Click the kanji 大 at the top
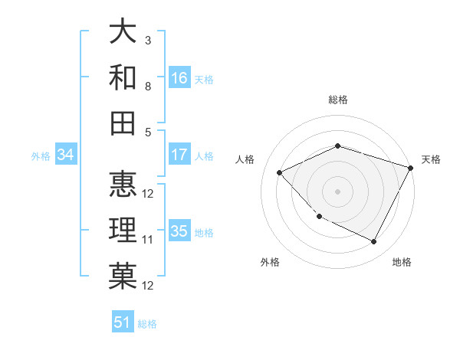123,32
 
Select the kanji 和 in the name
123,77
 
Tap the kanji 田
123,123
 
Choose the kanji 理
123,231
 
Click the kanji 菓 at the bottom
123,277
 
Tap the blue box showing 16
179,78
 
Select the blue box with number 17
179,155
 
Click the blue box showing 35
179,231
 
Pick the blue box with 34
66,155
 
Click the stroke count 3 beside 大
148,40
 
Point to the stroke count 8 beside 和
148,86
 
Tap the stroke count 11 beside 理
148,240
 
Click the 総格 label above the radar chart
337,100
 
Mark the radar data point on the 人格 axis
280,173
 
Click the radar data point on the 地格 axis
374,242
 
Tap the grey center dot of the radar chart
337,191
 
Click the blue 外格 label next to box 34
41,156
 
